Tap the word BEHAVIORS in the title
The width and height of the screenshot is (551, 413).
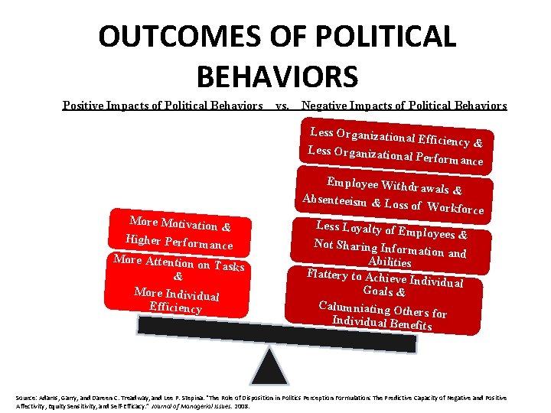(277, 76)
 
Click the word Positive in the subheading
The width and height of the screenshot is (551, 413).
(85, 106)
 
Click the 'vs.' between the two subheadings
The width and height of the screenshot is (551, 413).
(282, 106)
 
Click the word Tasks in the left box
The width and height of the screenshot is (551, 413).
(229, 266)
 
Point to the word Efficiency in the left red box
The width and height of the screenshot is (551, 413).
(175, 307)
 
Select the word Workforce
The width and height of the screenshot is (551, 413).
(455, 207)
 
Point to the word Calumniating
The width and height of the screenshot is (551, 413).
(353, 307)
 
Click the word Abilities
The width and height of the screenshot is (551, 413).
(390, 262)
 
